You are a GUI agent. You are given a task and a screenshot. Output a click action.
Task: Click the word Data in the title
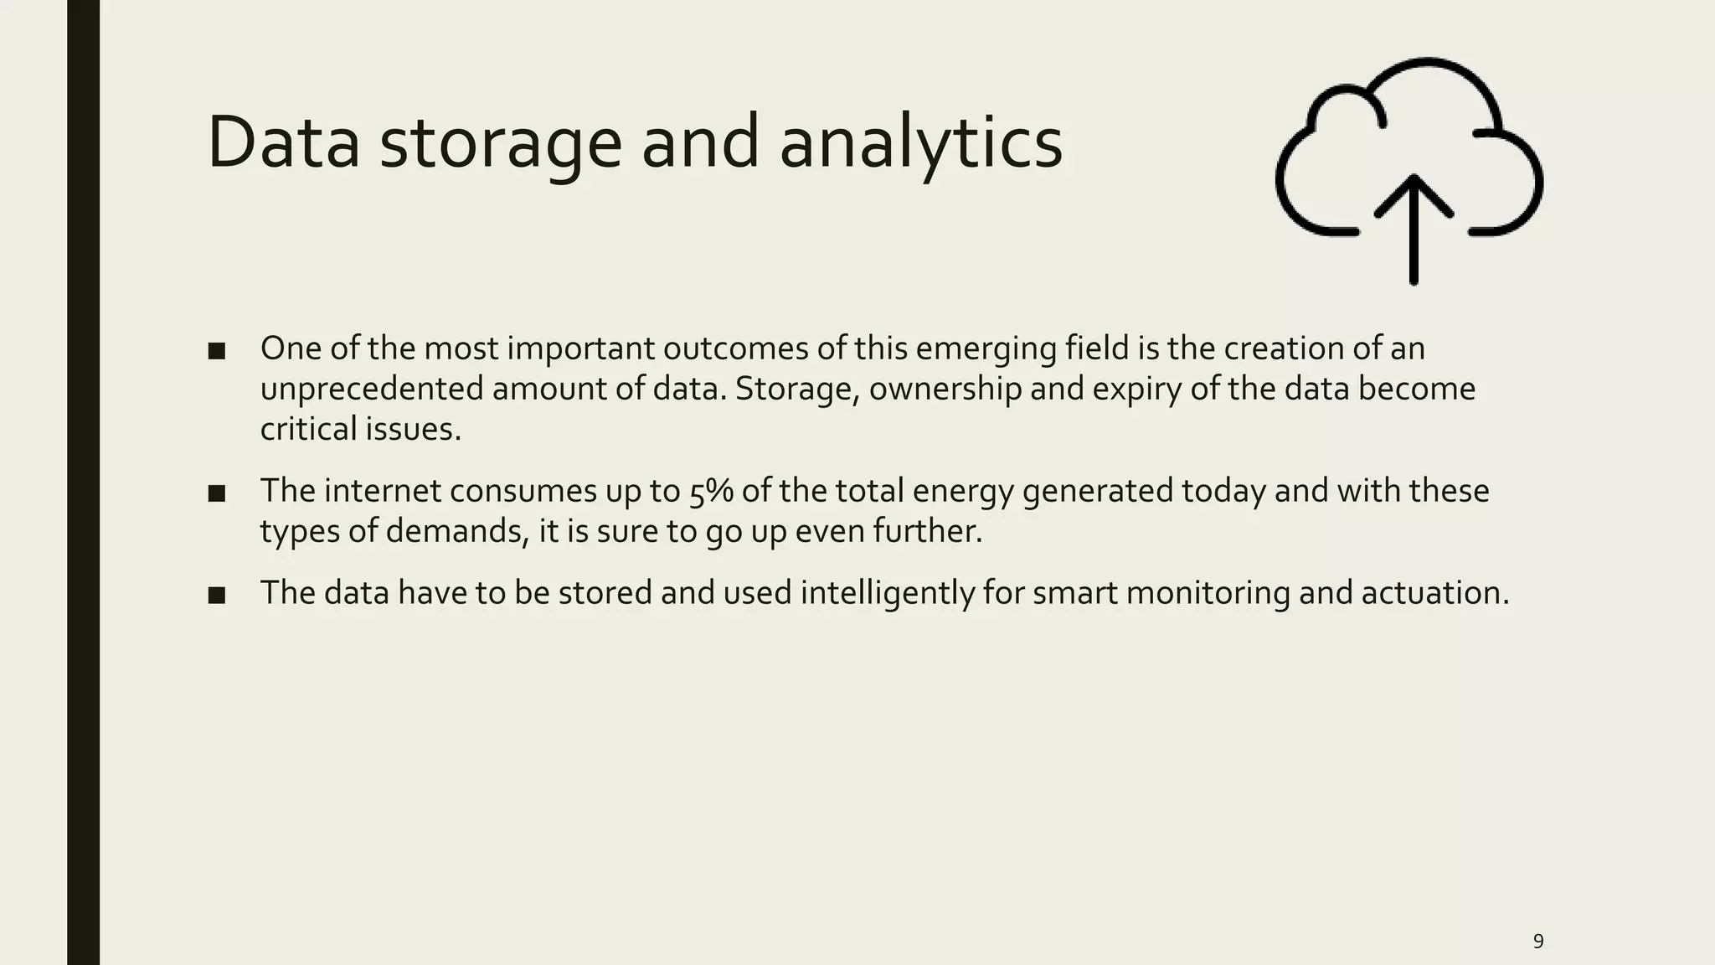283,142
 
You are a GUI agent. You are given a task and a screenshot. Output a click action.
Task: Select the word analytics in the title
920,142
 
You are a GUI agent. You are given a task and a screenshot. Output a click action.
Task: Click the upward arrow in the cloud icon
1414,226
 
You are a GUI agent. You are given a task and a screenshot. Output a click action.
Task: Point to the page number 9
1537,941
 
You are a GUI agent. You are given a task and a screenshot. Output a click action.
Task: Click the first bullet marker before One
217,351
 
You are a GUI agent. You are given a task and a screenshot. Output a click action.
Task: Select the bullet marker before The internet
217,493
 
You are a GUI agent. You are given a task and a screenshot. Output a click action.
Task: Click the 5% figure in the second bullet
711,492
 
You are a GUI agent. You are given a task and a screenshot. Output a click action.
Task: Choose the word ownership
945,390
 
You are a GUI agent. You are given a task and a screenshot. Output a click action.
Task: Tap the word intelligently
887,593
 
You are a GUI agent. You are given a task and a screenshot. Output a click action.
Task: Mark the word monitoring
1208,593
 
